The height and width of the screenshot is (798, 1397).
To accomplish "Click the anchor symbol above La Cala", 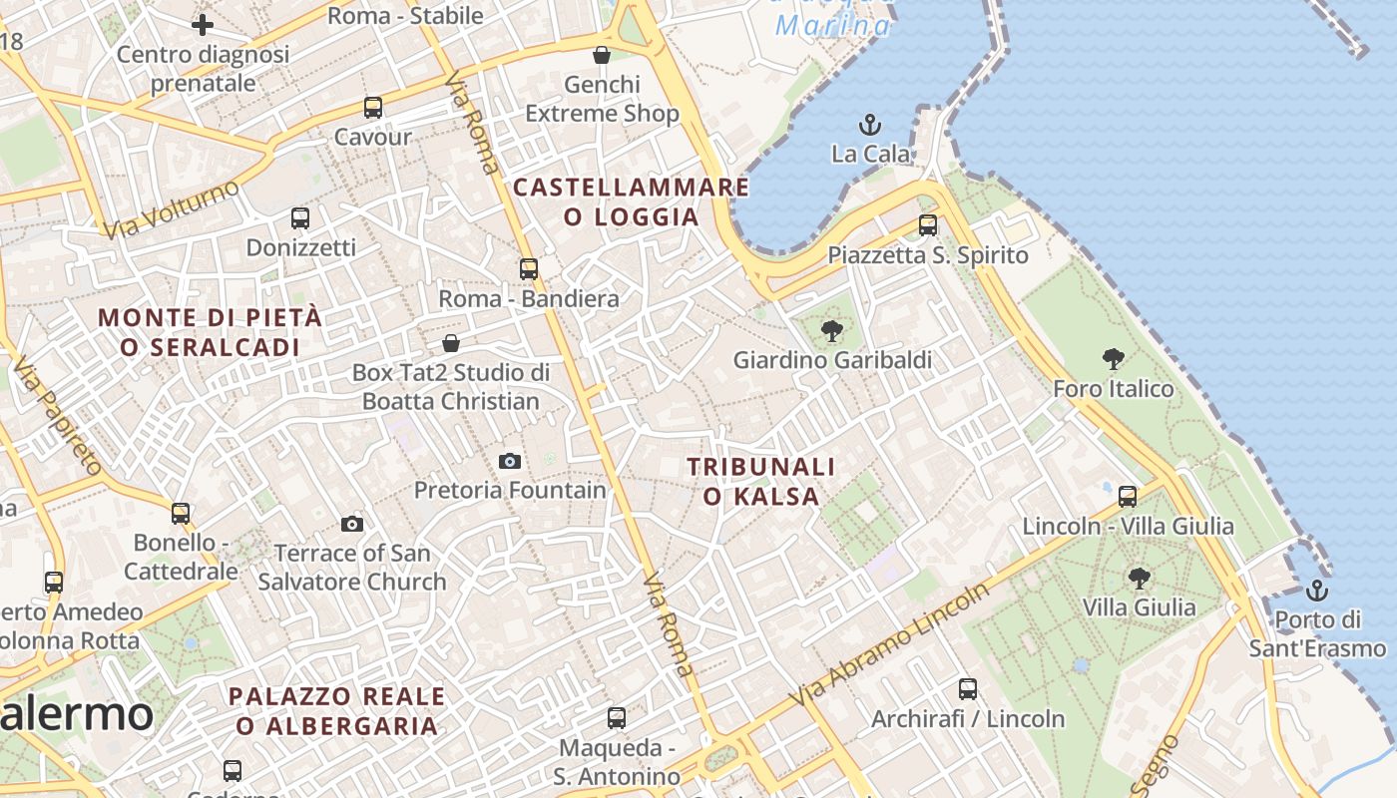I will [x=871, y=125].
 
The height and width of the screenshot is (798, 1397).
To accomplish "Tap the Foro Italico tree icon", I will [x=1114, y=359].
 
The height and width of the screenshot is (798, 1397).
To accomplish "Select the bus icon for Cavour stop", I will [x=373, y=108].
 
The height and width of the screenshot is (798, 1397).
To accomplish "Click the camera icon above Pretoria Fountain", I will [x=510, y=461].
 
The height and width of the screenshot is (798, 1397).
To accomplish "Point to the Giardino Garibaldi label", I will [x=832, y=360].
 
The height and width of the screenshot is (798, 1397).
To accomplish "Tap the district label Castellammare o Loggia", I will [x=631, y=201].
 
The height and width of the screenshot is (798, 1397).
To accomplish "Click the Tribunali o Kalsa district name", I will [x=761, y=481].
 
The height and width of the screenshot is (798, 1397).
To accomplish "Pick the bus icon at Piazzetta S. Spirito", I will [x=928, y=225].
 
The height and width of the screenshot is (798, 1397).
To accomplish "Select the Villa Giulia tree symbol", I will [x=1139, y=578].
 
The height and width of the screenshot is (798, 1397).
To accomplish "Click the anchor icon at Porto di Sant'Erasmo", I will [x=1317, y=591].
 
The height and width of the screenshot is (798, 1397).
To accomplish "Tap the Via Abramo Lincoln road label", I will [x=890, y=643].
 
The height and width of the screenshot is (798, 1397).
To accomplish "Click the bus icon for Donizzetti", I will [x=300, y=217].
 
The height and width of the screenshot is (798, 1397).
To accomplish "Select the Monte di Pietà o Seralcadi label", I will [x=211, y=332].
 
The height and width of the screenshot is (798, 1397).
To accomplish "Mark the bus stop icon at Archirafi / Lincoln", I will [x=968, y=688].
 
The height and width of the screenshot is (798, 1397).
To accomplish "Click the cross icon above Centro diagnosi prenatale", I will [x=203, y=24].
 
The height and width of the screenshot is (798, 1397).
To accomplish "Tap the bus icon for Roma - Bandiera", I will [x=529, y=268].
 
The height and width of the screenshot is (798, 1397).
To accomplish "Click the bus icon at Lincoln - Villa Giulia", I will [x=1128, y=496].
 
